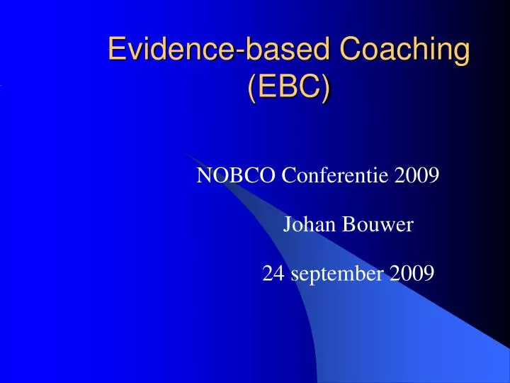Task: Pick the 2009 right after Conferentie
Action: [x=416, y=175]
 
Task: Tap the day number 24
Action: [x=271, y=273]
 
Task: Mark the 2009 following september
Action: [x=412, y=273]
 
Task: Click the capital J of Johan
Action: [x=288, y=226]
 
